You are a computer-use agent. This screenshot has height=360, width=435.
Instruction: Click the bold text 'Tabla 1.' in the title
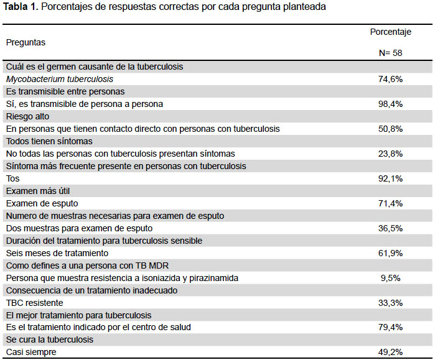pyautogui.click(x=21, y=7)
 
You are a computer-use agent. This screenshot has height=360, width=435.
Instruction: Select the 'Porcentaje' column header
pyautogui.click(x=390, y=32)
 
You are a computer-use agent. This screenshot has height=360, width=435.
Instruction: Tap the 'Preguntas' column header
pyautogui.click(x=26, y=43)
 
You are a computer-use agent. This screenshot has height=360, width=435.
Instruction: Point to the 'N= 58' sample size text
pyautogui.click(x=390, y=53)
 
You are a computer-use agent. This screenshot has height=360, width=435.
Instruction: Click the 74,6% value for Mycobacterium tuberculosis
pyautogui.click(x=390, y=79)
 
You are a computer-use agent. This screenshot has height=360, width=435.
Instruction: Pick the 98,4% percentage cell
pyautogui.click(x=390, y=104)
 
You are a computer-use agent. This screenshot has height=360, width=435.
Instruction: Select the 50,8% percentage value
pyautogui.click(x=390, y=129)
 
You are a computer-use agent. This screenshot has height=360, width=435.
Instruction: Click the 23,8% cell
pyautogui.click(x=390, y=154)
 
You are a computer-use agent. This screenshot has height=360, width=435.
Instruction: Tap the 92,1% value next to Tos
pyautogui.click(x=390, y=178)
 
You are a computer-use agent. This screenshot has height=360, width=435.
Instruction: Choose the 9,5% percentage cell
pyautogui.click(x=390, y=279)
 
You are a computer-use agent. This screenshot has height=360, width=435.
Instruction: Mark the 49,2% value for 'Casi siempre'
pyautogui.click(x=390, y=353)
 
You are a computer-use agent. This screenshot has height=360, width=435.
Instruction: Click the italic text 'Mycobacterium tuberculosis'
pyautogui.click(x=60, y=79)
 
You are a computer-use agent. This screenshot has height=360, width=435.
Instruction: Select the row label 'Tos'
pyautogui.click(x=13, y=178)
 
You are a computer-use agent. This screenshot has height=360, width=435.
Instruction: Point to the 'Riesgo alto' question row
pyautogui.click(x=27, y=116)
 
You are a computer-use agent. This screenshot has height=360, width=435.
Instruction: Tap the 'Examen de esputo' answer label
pyautogui.click(x=42, y=204)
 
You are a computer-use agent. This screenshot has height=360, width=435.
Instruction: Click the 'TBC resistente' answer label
pyautogui.click(x=34, y=303)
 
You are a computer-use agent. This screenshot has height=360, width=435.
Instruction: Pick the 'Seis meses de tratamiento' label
pyautogui.click(x=57, y=253)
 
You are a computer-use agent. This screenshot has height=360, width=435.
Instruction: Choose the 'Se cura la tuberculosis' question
pyautogui.click(x=50, y=339)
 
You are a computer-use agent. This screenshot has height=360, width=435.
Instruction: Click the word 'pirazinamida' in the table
pyautogui.click(x=213, y=279)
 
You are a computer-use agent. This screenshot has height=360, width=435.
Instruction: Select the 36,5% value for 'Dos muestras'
pyautogui.click(x=390, y=228)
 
